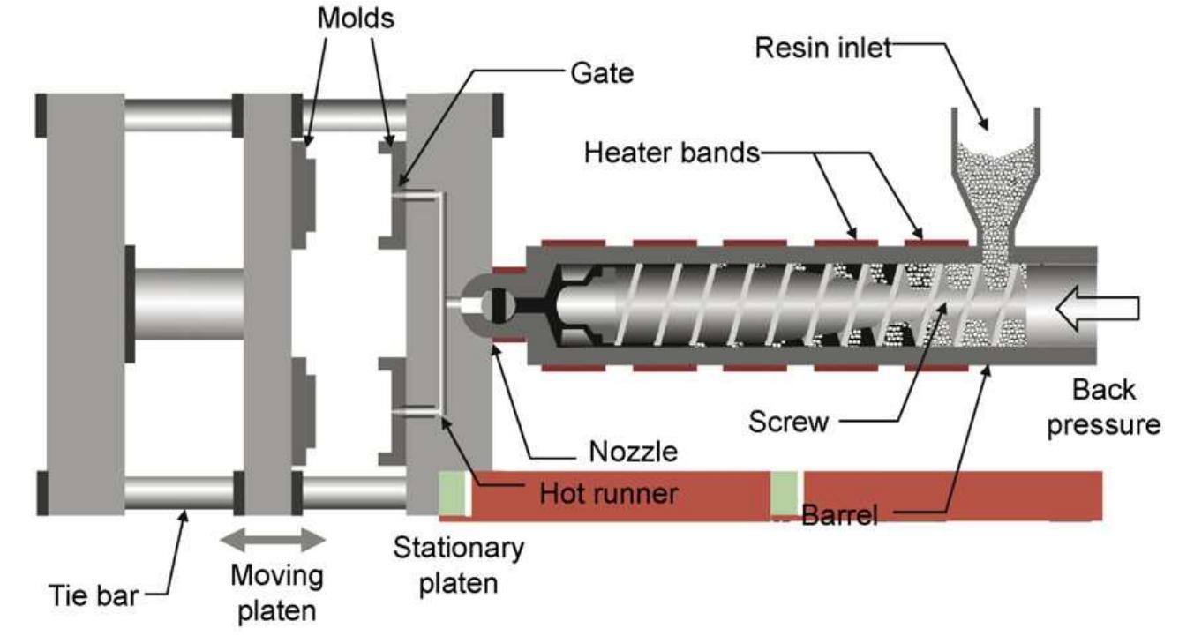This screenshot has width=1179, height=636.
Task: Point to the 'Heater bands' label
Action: pos(672,153)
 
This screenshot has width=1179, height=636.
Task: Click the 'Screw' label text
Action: pos(788,422)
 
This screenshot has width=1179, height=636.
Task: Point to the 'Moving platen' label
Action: pos(276,592)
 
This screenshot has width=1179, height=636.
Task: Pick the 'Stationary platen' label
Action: pos(458,565)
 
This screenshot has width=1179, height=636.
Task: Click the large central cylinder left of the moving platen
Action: pos(188,303)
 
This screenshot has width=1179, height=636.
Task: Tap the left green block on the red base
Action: pos(454,493)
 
